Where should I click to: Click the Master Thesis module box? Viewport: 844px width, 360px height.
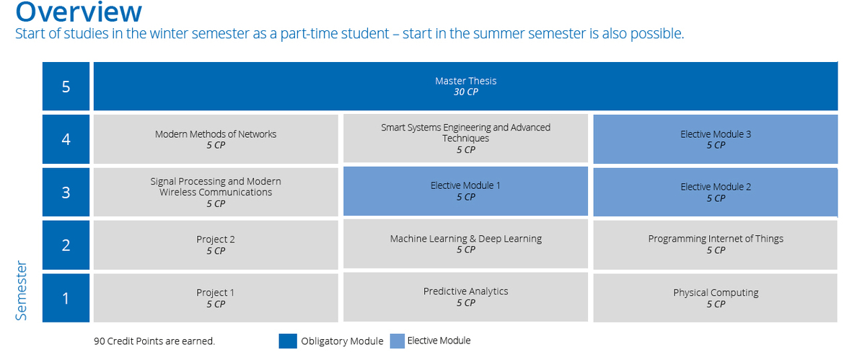tap(465, 86)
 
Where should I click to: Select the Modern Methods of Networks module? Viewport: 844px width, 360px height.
tap(216, 139)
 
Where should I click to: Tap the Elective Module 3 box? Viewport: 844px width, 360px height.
tap(716, 139)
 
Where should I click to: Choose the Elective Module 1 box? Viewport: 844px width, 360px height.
tap(465, 191)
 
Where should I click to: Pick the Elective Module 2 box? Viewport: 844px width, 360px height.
tap(716, 192)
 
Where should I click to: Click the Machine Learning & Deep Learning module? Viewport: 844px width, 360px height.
tap(465, 244)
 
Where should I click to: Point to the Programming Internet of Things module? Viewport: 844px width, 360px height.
tap(716, 244)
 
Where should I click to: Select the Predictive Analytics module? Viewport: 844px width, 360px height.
tap(465, 297)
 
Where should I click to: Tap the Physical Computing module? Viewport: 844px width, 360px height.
tap(716, 297)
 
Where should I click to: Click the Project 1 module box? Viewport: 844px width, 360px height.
tap(216, 297)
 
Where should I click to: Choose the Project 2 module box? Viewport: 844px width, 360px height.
tap(216, 245)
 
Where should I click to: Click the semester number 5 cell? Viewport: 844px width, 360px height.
tap(66, 86)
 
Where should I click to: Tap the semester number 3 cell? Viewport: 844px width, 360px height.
tap(66, 192)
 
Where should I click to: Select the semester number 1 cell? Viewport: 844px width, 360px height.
tap(66, 297)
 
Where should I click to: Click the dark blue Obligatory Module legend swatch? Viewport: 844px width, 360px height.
tap(288, 341)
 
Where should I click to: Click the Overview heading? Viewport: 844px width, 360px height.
tap(79, 12)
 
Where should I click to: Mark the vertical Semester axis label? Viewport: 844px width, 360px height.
tap(21, 291)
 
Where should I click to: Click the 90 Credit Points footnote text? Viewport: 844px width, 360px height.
tap(154, 341)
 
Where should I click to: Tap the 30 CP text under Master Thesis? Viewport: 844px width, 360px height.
tap(465, 92)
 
